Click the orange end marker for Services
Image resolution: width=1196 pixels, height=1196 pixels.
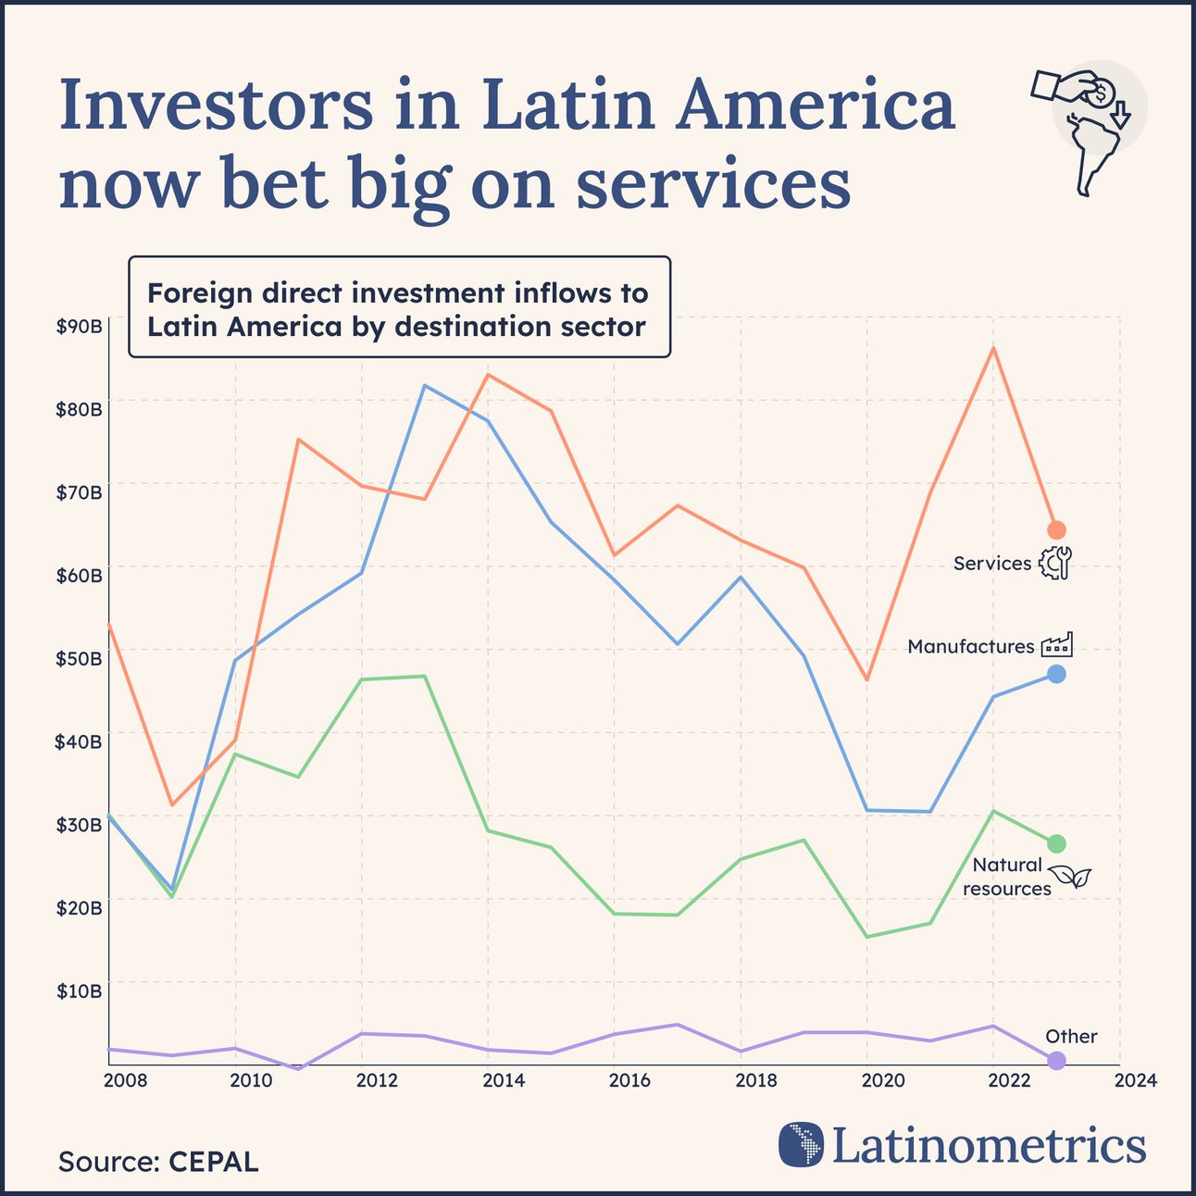click(1056, 529)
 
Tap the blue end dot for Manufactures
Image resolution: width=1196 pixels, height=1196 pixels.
click(1056, 674)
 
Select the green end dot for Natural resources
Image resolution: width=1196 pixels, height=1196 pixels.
click(1056, 843)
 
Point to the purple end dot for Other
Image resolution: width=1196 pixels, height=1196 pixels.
click(1056, 1060)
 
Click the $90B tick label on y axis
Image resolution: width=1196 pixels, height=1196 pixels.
click(79, 327)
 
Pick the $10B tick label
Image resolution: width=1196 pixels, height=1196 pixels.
click(79, 990)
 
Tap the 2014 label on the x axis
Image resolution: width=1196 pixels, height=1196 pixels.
click(504, 1080)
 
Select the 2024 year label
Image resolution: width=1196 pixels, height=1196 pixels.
click(1136, 1080)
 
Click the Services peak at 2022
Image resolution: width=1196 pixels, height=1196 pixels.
click(993, 348)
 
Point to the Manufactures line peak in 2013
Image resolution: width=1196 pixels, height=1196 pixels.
click(424, 385)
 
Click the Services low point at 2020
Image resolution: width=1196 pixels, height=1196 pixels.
click(867, 679)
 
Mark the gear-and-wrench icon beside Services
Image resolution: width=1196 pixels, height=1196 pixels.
click(1054, 562)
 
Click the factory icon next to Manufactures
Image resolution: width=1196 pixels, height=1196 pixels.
click(1056, 644)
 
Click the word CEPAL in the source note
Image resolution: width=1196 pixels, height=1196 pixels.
click(213, 1162)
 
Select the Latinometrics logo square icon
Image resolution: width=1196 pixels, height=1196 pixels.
click(801, 1144)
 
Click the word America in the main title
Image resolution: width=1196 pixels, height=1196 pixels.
click(815, 106)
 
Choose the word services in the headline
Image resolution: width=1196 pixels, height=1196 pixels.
click(713, 183)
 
